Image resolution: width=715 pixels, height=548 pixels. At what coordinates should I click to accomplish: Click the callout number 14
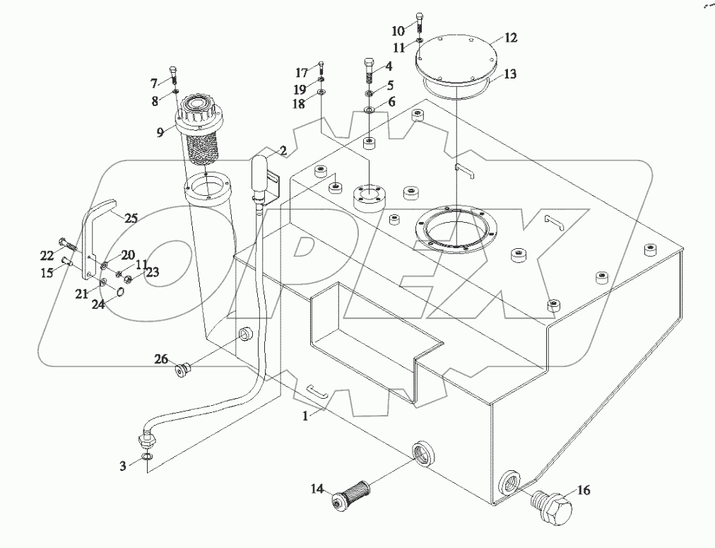[318, 488]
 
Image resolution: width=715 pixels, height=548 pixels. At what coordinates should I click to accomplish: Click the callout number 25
[131, 218]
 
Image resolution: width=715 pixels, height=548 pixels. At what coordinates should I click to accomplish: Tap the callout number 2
[283, 151]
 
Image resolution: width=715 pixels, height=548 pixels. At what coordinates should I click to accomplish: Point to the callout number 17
[302, 72]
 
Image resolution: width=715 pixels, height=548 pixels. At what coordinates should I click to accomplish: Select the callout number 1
[305, 417]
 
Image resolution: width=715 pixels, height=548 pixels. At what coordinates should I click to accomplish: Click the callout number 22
[46, 255]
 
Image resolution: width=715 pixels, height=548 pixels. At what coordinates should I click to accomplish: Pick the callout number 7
[153, 83]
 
